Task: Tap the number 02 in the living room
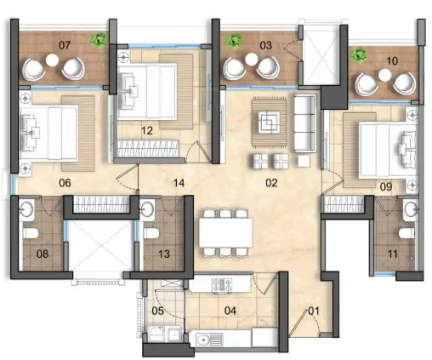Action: (271, 181)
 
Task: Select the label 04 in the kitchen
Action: (230, 311)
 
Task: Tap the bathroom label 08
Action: (41, 254)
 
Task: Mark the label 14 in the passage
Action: (178, 181)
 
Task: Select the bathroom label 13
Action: (165, 254)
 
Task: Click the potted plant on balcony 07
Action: (100, 39)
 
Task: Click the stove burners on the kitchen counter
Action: (225, 285)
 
